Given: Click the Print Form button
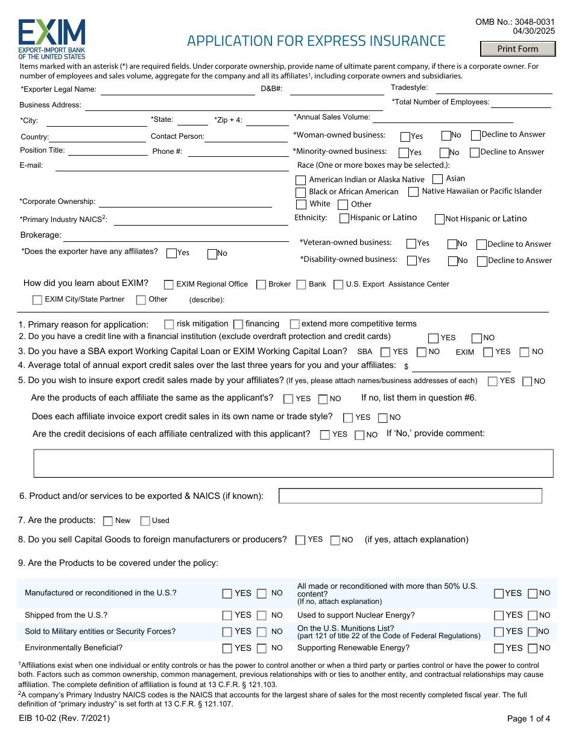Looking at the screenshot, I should tap(518, 49).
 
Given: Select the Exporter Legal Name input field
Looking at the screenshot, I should tap(177, 90).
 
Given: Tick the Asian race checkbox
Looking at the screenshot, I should tap(438, 179).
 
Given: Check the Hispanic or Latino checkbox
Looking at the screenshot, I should tap(344, 218).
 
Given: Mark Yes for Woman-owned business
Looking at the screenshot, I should tap(405, 137).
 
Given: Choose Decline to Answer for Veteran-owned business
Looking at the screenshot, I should tap(481, 244).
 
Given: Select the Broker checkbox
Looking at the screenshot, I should tap(261, 284).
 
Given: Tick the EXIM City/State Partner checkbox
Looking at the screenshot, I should tap(37, 300).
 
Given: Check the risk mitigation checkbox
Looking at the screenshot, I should tap(169, 324).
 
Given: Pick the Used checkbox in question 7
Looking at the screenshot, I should tap(145, 521).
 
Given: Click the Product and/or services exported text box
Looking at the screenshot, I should tap(410, 496).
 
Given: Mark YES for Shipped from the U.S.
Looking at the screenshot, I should tap(227, 616).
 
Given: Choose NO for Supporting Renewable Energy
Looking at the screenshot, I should tap(533, 648).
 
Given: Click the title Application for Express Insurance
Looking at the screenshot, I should tap(316, 41).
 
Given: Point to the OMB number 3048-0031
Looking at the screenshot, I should tap(514, 22).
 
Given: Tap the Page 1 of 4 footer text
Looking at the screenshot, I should tap(528, 718).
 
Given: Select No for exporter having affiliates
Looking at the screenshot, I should tap(212, 254).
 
